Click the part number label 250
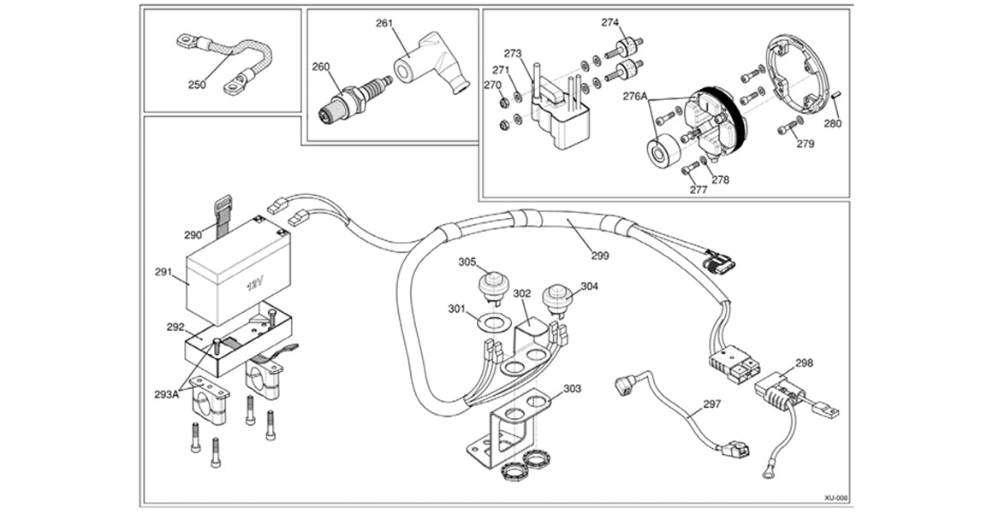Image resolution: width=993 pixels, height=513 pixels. click(x=197, y=85)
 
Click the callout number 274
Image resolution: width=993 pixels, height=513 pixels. click(x=609, y=22)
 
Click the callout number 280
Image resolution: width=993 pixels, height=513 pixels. click(x=832, y=123)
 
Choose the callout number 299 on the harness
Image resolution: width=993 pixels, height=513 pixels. click(x=601, y=255)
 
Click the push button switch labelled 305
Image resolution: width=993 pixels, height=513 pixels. click(x=492, y=285)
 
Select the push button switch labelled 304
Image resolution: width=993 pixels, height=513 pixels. click(x=557, y=300)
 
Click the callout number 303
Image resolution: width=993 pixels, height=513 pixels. click(x=572, y=389)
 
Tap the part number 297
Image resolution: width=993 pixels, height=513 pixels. click(x=711, y=404)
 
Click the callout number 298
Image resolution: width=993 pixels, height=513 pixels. click(x=806, y=363)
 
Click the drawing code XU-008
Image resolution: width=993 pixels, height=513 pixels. click(x=835, y=497)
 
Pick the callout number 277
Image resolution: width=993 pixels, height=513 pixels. click(x=699, y=190)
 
